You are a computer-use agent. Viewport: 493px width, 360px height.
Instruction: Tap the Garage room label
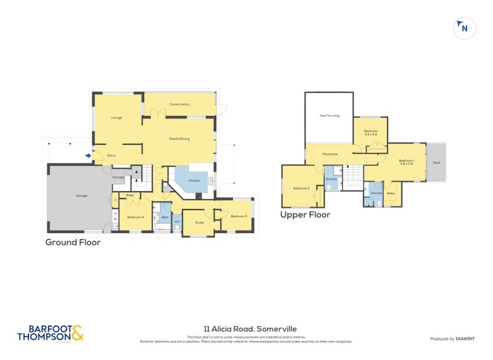point(81,195)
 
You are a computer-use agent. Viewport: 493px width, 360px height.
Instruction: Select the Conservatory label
point(179,104)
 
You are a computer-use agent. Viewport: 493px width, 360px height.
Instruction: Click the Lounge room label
point(116,117)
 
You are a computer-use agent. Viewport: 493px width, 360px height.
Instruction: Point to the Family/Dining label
point(179,139)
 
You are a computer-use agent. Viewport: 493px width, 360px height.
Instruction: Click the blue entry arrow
point(89,155)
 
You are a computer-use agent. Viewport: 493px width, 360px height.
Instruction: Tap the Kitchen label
point(194,181)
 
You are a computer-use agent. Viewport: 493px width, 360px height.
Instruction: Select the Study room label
point(199,222)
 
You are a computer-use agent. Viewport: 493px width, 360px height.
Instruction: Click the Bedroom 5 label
point(238,216)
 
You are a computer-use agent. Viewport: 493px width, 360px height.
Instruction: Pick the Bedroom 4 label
point(135,217)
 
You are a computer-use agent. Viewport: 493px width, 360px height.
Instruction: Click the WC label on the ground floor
point(177,222)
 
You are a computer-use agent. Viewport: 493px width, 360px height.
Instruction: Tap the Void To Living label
point(330,115)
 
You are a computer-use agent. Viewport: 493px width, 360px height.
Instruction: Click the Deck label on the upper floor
point(436,163)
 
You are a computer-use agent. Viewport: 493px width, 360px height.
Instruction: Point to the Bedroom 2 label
point(301,188)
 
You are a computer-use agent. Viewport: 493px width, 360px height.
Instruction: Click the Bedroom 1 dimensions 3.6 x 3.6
point(407,163)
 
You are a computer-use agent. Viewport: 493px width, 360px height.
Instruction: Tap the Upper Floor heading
point(305,215)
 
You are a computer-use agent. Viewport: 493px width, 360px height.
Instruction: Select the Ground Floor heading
point(73,242)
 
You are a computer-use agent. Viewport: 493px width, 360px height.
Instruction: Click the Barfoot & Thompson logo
point(50,333)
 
